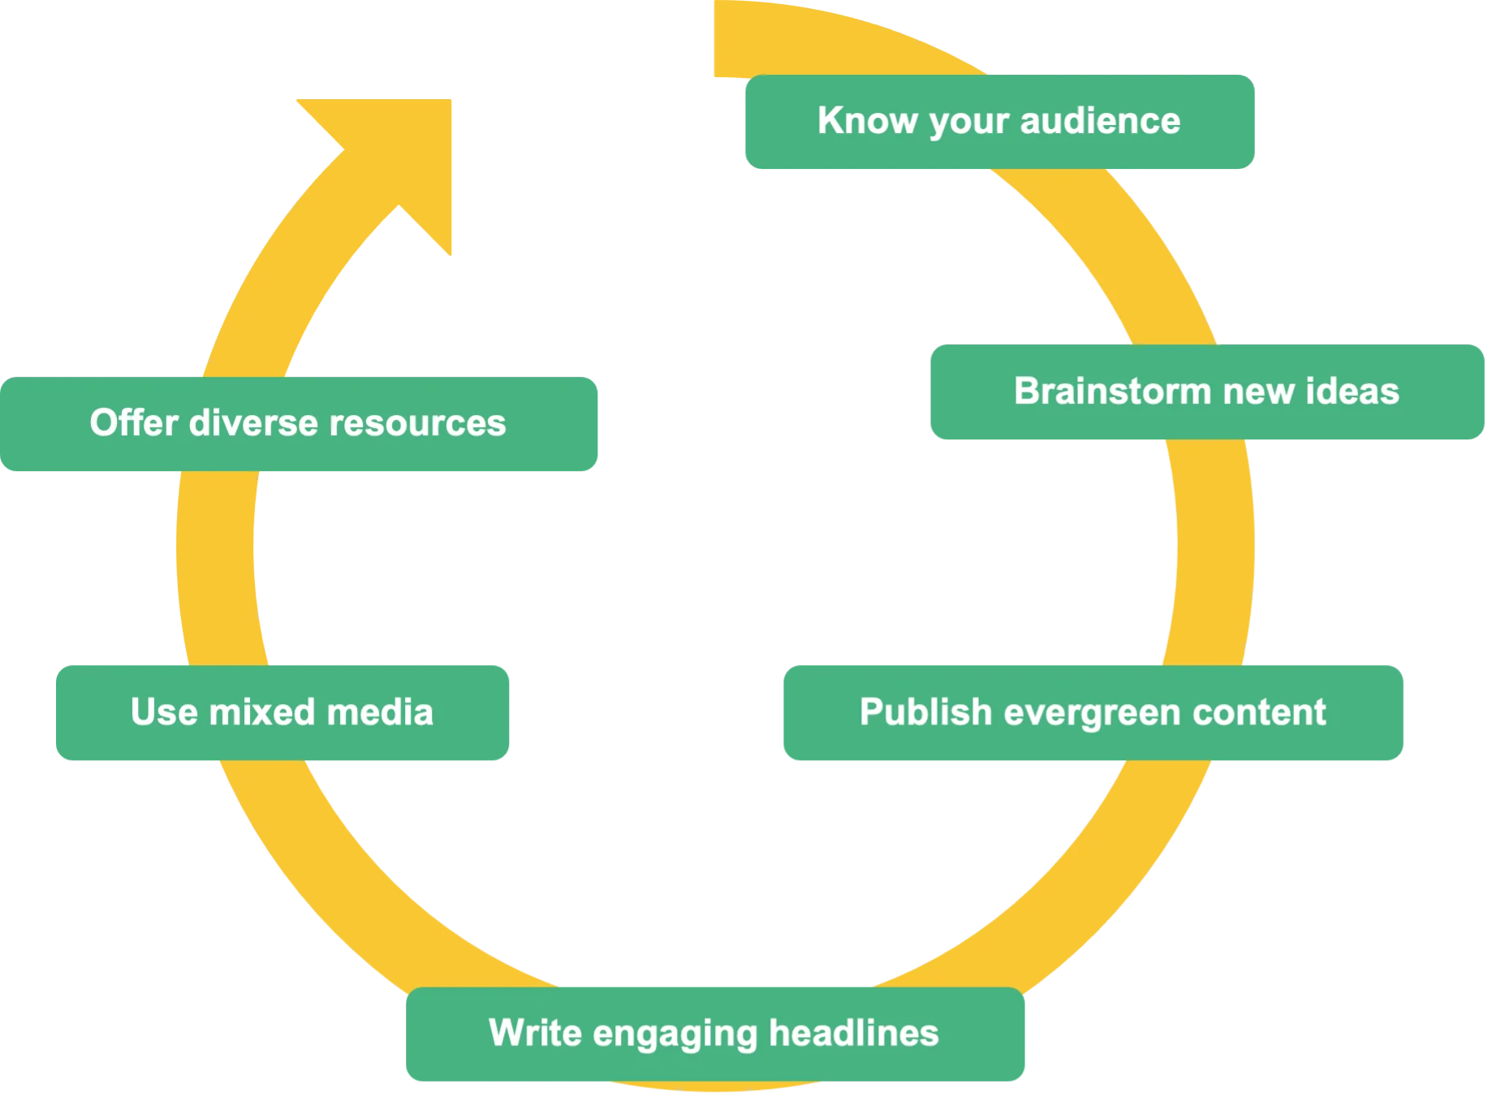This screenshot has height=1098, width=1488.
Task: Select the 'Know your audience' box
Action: point(998,122)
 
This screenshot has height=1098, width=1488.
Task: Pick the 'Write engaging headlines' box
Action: point(714,1034)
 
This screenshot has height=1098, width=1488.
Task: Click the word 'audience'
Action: point(1100,121)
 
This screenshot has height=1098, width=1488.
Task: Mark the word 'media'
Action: point(379,712)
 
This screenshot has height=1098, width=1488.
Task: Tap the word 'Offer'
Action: point(134,423)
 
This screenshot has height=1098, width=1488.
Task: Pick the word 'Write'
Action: point(535,1033)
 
